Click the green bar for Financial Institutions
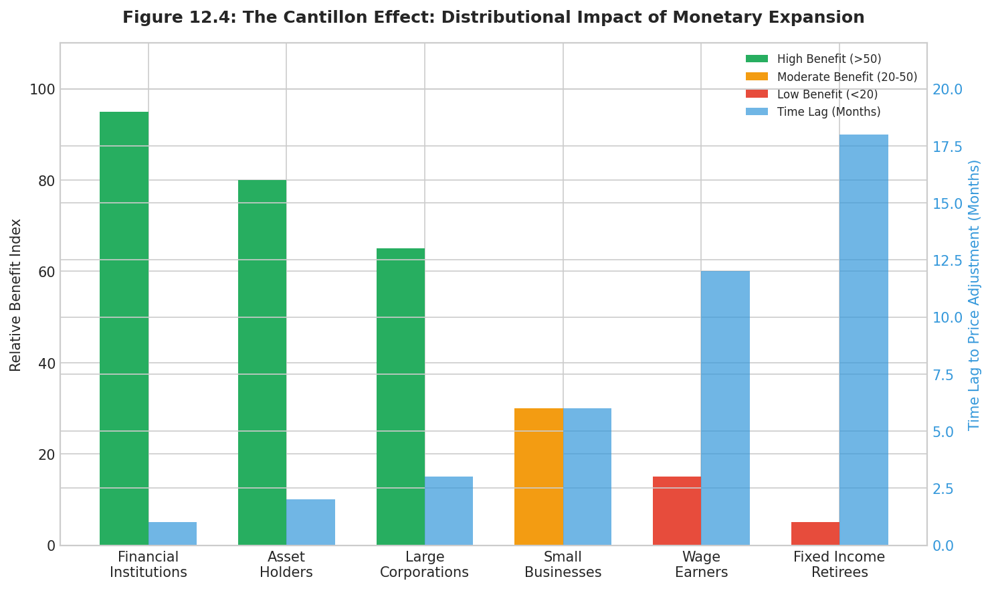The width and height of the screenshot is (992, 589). point(124,328)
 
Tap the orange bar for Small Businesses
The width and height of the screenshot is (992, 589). point(538,477)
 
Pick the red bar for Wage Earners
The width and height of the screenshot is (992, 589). point(677,511)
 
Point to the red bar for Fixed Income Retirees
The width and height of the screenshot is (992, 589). point(815,533)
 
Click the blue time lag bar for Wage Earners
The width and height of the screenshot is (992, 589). point(725,408)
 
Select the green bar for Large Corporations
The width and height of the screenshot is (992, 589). point(401,396)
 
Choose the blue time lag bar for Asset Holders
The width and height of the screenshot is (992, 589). point(310,522)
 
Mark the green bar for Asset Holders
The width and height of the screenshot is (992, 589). point(262,362)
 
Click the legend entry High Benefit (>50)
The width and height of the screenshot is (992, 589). point(829,59)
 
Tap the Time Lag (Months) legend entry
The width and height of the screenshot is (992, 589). point(829,112)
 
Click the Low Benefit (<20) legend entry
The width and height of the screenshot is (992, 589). point(827,94)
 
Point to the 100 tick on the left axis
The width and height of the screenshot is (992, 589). point(43,89)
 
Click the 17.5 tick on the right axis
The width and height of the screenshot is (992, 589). point(948,147)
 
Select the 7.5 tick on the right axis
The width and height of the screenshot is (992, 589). point(945,374)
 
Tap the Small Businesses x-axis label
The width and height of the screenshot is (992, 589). point(563,564)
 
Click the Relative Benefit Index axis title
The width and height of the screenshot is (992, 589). point(16,294)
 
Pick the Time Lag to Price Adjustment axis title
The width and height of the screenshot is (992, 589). point(975,294)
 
